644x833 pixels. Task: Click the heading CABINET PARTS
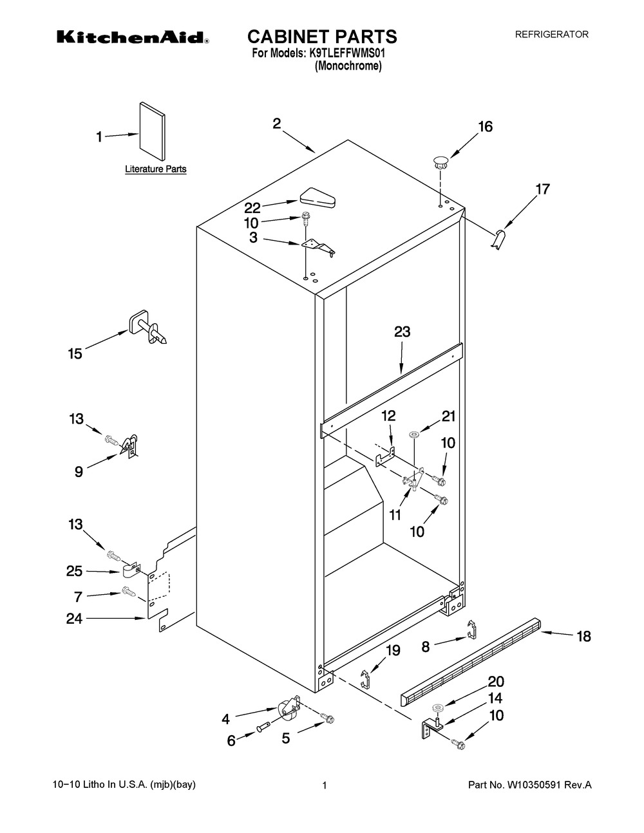[x=322, y=36]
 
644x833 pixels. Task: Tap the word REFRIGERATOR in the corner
[x=551, y=35]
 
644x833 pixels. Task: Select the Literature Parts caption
[x=155, y=169]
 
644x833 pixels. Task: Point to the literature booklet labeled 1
[x=153, y=130]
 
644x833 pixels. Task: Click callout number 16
[x=485, y=126]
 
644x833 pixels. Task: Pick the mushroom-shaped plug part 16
[x=440, y=161]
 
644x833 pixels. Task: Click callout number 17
[x=543, y=189]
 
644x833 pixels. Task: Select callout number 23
[x=402, y=332]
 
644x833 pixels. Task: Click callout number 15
[x=75, y=353]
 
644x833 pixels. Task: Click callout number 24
[x=75, y=619]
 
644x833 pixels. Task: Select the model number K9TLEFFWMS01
[x=347, y=55]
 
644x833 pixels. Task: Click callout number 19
[x=392, y=651]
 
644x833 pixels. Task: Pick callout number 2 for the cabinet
[x=276, y=124]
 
